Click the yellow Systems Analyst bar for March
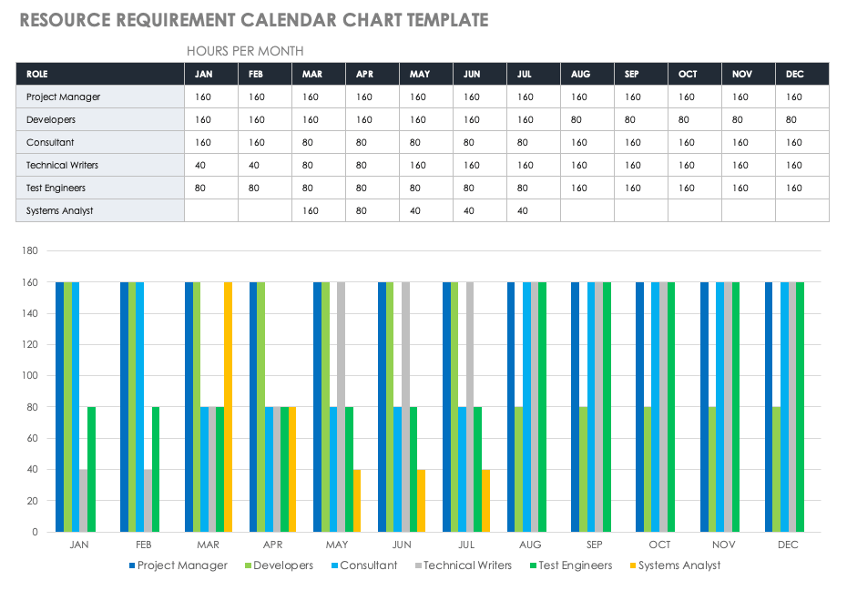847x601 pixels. tap(228, 407)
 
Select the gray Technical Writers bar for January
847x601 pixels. tap(84, 501)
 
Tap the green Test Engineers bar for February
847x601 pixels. tap(156, 469)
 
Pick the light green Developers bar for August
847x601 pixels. tap(519, 469)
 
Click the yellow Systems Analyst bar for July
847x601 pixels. tap(486, 501)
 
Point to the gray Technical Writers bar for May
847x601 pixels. tap(342, 407)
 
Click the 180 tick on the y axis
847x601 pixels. tap(29, 251)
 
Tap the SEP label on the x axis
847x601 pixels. tap(595, 545)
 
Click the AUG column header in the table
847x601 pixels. tap(580, 74)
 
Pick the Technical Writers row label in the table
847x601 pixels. tap(62, 165)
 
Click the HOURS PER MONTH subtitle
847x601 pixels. tap(245, 51)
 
